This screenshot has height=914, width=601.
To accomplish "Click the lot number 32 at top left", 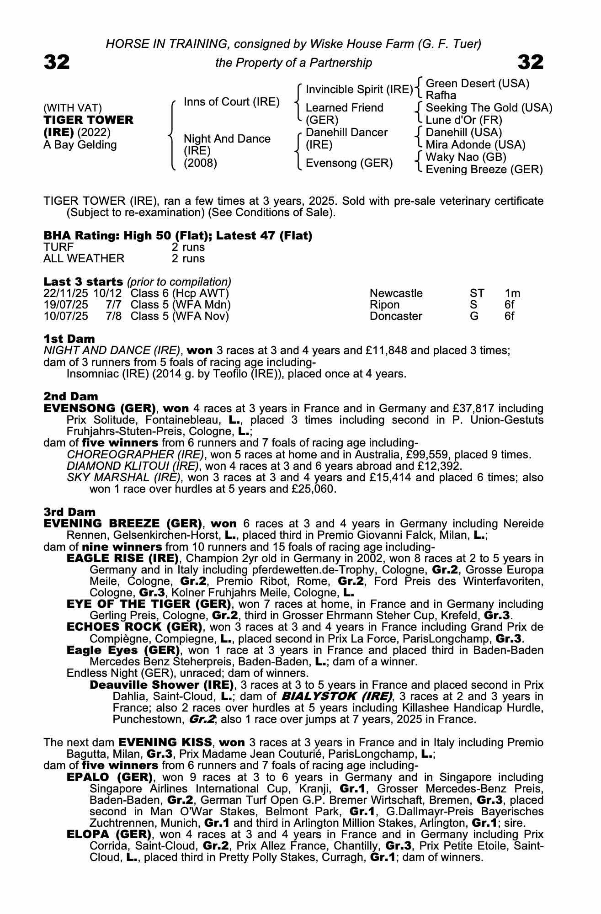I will (x=57, y=62).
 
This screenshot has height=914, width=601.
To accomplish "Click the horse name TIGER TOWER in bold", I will (x=88, y=120).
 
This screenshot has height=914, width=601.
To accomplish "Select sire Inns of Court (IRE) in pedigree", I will (x=231, y=102).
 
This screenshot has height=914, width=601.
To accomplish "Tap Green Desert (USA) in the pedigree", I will (x=477, y=84).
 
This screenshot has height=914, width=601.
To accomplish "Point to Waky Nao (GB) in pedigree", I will (x=466, y=157).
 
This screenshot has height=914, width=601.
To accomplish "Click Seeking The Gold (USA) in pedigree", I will (x=489, y=108).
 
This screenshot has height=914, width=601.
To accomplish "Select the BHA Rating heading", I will (x=178, y=236).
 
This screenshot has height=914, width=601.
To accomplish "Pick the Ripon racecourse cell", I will (x=384, y=305).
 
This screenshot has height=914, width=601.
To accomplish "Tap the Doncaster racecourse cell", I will (x=396, y=316).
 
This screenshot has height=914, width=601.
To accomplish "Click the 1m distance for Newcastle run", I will (x=512, y=293).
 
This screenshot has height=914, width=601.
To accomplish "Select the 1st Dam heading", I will (x=69, y=339).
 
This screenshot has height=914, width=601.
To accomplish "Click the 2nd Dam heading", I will (x=70, y=397).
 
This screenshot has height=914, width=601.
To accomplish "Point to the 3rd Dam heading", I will (x=70, y=512).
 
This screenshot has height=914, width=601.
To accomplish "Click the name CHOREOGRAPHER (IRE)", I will (x=135, y=455).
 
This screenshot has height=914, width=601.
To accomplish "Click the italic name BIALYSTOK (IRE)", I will (x=337, y=696).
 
